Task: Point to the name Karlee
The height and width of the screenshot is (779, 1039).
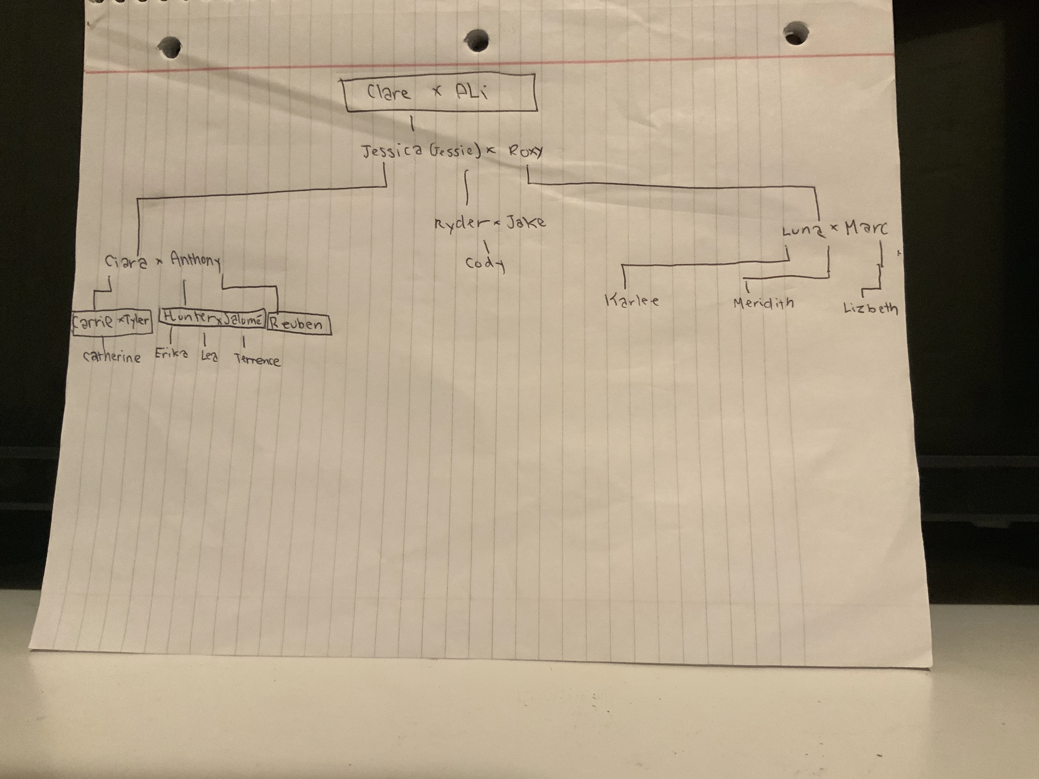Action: tap(632, 301)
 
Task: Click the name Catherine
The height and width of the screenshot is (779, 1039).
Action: tap(112, 357)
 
